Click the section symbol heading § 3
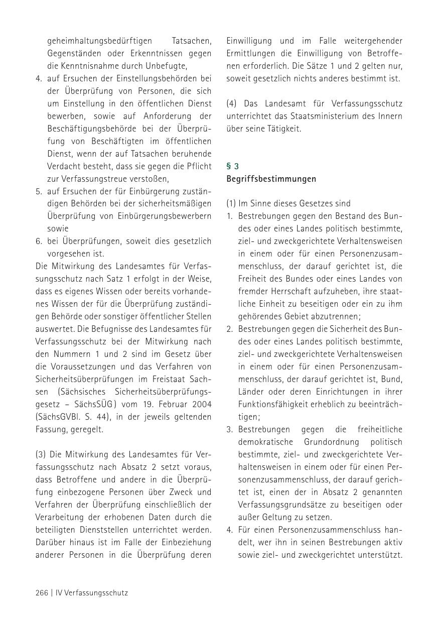coord(232,166)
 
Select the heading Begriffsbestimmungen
coord(271,179)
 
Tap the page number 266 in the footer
coord(42,593)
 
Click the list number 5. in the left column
coord(39,191)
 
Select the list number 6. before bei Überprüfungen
coord(39,241)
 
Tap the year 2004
coord(201,404)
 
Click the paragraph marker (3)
coord(41,454)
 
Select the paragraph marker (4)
coord(231,103)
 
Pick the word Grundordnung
coord(331,442)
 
